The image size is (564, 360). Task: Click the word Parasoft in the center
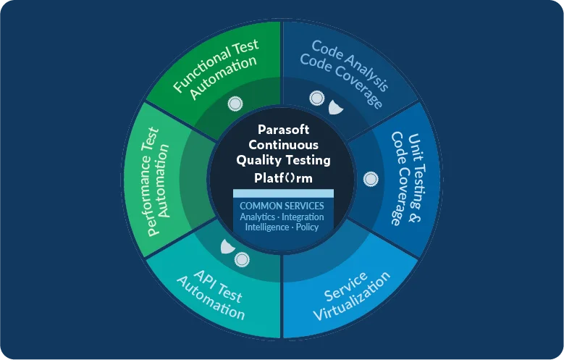(283, 130)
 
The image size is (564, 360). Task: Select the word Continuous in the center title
(283, 145)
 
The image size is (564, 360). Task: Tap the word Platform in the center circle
(283, 178)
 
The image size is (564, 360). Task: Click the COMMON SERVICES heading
(282, 206)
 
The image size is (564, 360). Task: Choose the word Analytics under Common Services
(258, 217)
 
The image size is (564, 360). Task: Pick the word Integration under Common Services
(303, 217)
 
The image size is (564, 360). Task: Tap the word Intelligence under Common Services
(267, 227)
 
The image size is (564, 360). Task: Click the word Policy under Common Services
(307, 227)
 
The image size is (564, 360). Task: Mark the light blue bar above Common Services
(283, 193)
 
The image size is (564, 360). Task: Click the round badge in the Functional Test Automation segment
(235, 104)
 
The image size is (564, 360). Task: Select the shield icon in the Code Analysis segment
(336, 108)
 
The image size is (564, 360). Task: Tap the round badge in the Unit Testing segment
(371, 180)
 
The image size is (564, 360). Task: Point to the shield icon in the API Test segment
(227, 246)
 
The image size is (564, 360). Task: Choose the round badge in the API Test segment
(242, 259)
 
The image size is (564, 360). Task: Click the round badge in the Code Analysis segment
(317, 98)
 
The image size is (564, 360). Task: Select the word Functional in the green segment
(201, 72)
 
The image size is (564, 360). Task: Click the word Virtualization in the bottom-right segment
(352, 296)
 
